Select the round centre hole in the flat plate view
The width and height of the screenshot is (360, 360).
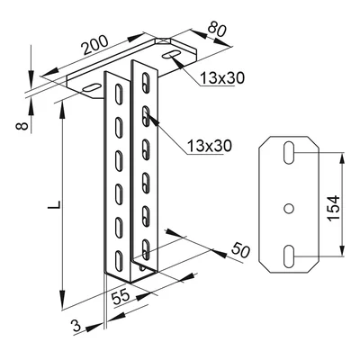pos(288,206)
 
